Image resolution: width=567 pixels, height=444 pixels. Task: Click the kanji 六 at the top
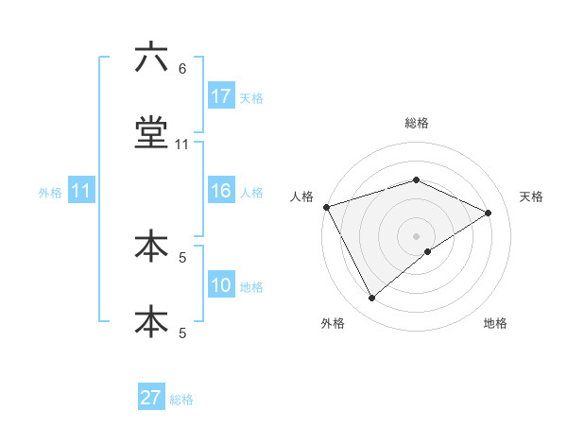151,59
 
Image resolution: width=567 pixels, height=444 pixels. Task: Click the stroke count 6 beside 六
182,69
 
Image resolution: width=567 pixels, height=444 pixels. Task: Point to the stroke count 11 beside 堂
182,145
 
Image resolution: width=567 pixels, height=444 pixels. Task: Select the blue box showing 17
221,96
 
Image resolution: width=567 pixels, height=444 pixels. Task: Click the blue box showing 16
221,191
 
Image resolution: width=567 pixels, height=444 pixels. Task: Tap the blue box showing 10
221,285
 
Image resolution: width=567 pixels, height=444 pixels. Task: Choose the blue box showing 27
151,398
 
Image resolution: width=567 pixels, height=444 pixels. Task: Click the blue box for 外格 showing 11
81,191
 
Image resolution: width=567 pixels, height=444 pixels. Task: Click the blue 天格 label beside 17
251,97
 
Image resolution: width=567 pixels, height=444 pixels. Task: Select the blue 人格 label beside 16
251,192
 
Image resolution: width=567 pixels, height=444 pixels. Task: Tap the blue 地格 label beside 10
251,286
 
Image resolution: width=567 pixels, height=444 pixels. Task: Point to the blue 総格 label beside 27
181,399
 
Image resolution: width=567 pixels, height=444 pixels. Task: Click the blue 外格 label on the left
50,192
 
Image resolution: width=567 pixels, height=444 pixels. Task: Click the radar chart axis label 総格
417,123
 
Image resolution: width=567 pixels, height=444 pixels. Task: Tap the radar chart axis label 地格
495,323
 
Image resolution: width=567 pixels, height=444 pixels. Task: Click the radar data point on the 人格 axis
326,207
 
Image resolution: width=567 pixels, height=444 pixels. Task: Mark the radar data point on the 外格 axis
371,299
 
